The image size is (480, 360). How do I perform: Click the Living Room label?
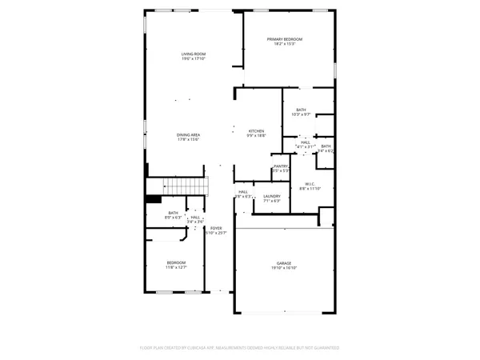click(193, 54)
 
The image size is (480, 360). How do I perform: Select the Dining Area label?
click(188, 134)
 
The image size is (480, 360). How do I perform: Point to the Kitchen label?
click(256, 131)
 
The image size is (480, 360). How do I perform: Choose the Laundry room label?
click(271, 196)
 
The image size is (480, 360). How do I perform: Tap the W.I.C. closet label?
click(310, 184)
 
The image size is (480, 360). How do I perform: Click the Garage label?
click(283, 263)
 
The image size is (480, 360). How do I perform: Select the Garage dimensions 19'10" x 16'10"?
click(283, 269)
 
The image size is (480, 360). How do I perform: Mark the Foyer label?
click(216, 228)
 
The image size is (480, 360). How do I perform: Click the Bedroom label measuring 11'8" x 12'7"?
click(176, 263)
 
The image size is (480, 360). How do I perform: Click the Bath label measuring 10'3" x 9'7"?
click(301, 110)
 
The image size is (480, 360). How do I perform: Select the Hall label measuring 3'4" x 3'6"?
click(195, 217)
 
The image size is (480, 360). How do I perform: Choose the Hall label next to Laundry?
click(243, 192)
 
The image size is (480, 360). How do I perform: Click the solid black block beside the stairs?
click(154, 200)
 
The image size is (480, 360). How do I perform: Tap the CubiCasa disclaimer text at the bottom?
click(239, 348)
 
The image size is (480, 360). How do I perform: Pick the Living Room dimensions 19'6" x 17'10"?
click(193, 59)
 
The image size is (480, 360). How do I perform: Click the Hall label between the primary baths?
click(305, 142)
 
